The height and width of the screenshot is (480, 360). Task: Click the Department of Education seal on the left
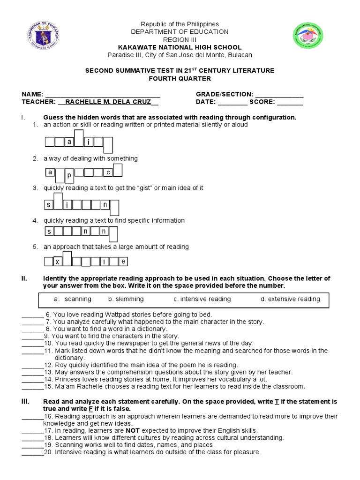coord(44,36)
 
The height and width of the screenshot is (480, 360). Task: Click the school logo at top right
coord(308,36)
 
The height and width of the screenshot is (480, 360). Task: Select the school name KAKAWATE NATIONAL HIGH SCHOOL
coord(180,47)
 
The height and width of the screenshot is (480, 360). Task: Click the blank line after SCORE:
coord(290,102)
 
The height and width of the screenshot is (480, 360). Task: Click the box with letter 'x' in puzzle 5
coord(58,262)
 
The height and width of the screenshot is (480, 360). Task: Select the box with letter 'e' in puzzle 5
coord(123,262)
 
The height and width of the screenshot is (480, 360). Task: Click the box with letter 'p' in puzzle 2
coord(69,175)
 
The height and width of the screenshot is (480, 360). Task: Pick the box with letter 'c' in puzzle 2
coord(108,172)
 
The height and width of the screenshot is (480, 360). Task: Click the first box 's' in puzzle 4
coord(49,231)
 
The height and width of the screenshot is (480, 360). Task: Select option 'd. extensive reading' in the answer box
coord(290,299)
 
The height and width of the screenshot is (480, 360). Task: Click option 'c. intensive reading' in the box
coord(202,299)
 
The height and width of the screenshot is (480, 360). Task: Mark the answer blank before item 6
coord(33,315)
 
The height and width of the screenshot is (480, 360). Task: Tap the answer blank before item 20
coord(33,453)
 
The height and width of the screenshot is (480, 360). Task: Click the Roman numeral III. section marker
coord(25,402)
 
